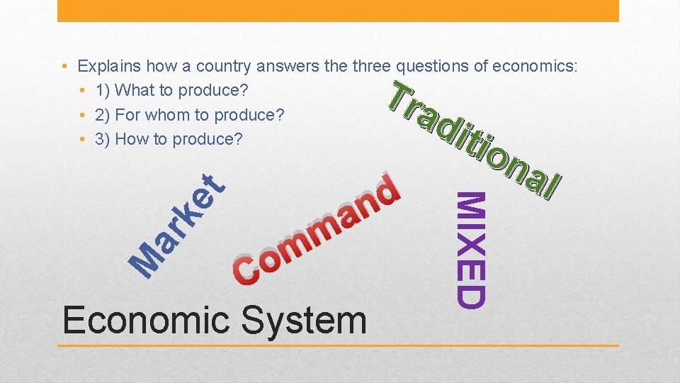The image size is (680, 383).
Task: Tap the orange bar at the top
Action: pos(337,11)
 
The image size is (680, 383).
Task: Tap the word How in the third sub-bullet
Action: pos(130,139)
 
